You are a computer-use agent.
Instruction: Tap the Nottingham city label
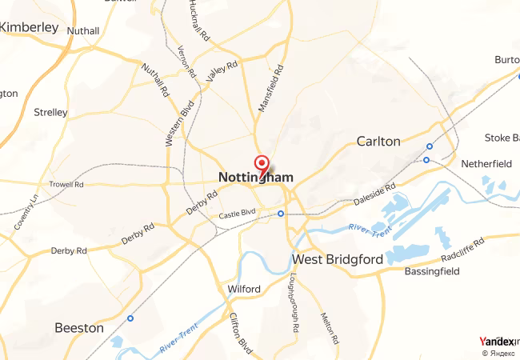(x=255, y=177)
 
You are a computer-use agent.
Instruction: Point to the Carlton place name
(x=378, y=142)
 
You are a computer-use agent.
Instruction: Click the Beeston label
(x=78, y=328)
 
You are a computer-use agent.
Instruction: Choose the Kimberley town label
(x=30, y=27)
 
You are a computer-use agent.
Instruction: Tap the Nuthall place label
(x=83, y=31)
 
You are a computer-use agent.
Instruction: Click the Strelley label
(x=50, y=113)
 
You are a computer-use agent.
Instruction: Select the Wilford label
(x=243, y=289)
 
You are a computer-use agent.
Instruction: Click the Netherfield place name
(x=486, y=164)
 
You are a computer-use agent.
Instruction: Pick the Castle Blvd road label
(x=237, y=213)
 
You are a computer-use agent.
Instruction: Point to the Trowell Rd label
(x=66, y=184)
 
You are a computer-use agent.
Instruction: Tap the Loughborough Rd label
(x=294, y=304)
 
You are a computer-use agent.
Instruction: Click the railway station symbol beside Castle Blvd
(x=281, y=214)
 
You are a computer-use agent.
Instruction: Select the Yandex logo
(x=497, y=341)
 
